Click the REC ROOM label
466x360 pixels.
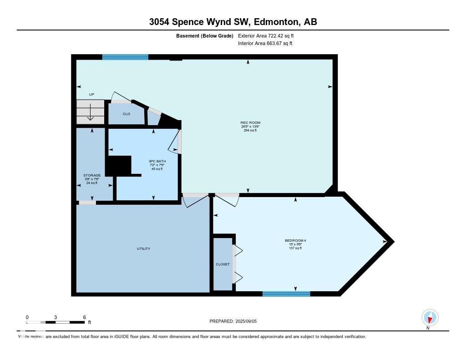tap(250, 122)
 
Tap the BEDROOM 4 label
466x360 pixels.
tap(292, 240)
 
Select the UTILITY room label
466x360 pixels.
tap(143, 248)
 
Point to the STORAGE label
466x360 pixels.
tap(92, 175)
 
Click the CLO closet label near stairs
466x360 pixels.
tap(127, 114)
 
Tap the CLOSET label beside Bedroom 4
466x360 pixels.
tap(223, 264)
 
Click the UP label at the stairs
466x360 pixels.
tap(91, 94)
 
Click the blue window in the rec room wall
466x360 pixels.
tap(125, 57)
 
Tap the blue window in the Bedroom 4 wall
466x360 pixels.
tap(286, 294)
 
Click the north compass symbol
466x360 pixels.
tap(430, 317)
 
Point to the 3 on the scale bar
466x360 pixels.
tap(56, 317)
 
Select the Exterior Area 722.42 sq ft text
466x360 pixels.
tap(269, 35)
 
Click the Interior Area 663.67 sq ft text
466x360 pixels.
tap(265, 44)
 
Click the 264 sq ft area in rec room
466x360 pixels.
tap(250, 131)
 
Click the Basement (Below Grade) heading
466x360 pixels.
tap(204, 35)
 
